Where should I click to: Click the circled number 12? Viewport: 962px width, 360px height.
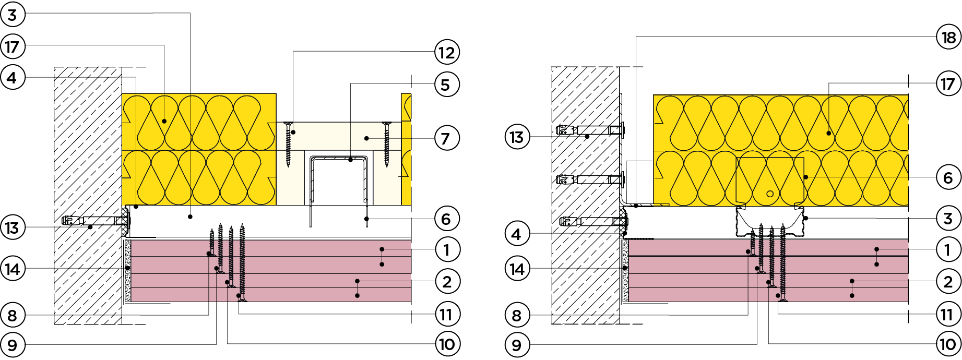(x=446, y=52)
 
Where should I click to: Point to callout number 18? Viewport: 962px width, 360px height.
(x=948, y=38)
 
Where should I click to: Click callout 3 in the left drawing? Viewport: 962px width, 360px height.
(x=12, y=15)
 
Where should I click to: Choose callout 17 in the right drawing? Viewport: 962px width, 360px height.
(x=948, y=83)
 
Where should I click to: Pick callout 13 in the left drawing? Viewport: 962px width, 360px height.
(x=12, y=228)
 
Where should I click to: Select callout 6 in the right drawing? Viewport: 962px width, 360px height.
(x=948, y=178)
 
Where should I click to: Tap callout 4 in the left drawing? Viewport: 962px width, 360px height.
(x=12, y=78)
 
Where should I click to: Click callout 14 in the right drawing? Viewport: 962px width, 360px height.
(x=516, y=269)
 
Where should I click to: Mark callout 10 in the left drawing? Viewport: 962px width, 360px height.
(x=446, y=344)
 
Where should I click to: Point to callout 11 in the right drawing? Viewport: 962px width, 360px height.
(x=948, y=315)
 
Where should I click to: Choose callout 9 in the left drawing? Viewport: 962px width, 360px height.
(x=12, y=344)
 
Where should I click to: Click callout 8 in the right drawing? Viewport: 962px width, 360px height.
(x=516, y=315)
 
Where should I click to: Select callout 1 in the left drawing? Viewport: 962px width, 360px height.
(x=446, y=250)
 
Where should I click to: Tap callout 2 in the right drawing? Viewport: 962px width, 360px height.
(x=948, y=282)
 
